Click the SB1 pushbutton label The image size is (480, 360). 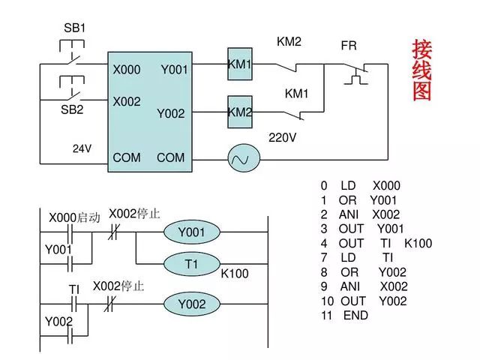pos(74,28)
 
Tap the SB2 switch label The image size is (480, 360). pos(72,109)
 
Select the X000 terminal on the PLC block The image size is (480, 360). pos(127,70)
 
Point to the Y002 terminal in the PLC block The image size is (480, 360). pos(170,113)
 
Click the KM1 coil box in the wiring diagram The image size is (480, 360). pos(239,65)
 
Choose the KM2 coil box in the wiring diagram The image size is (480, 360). pos(239,112)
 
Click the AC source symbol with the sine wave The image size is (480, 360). pos(243,158)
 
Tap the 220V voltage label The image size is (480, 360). pos(283,138)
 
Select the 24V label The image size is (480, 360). pos(82,148)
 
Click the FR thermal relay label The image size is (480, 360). pos(349,46)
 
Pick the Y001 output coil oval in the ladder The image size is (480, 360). pos(191,232)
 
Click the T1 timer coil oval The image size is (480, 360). pos(191,265)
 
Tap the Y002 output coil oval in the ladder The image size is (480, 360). pos(191,304)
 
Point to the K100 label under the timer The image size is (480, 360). pos(234,274)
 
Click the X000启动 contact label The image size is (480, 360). pos(74,217)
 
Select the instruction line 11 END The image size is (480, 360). pos(344,316)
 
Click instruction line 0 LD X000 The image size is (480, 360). pos(360,186)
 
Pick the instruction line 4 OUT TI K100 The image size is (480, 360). pos(376,244)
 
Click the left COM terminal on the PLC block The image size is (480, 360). pos(127,158)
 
